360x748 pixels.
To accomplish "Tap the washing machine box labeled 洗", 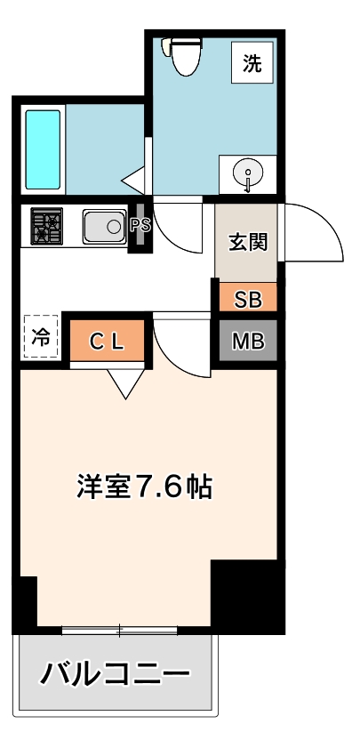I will click(252, 63).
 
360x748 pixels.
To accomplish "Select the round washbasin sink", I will click(246, 173).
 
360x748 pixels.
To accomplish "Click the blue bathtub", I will click(43, 149).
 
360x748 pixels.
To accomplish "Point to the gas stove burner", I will click(46, 226).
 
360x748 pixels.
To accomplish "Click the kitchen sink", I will click(105, 226).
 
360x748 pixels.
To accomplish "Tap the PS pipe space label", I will click(140, 225).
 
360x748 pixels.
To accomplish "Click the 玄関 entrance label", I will click(248, 241).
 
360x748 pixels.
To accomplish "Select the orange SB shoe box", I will click(248, 299).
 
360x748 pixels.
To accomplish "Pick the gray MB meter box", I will click(248, 340).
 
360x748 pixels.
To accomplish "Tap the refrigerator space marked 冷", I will click(40, 337).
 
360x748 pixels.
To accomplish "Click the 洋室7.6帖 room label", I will click(145, 487).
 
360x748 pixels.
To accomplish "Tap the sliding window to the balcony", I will click(119, 631).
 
